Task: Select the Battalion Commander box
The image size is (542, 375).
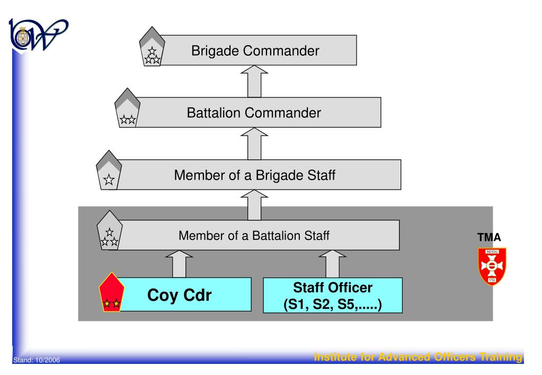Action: tap(254, 113)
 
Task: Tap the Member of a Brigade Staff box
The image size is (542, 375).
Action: tap(254, 175)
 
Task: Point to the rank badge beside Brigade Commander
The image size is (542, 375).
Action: tap(152, 51)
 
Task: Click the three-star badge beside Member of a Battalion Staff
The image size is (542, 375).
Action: tap(109, 235)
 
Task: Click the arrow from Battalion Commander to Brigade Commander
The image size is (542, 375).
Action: tap(254, 82)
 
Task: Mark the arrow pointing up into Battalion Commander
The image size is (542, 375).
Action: tap(254, 144)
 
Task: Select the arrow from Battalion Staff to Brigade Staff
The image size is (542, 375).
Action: tap(254, 205)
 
